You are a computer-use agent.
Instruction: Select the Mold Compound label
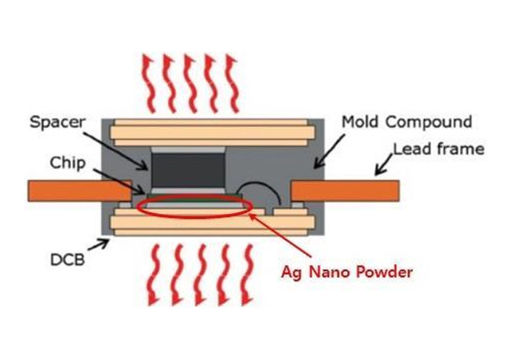[406, 122]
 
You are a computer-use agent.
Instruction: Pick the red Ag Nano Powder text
[346, 272]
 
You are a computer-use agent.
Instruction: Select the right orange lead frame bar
[344, 190]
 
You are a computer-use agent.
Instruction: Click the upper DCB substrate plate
[211, 129]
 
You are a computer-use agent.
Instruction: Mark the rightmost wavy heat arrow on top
[231, 80]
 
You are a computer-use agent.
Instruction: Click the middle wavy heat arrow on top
[190, 80]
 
